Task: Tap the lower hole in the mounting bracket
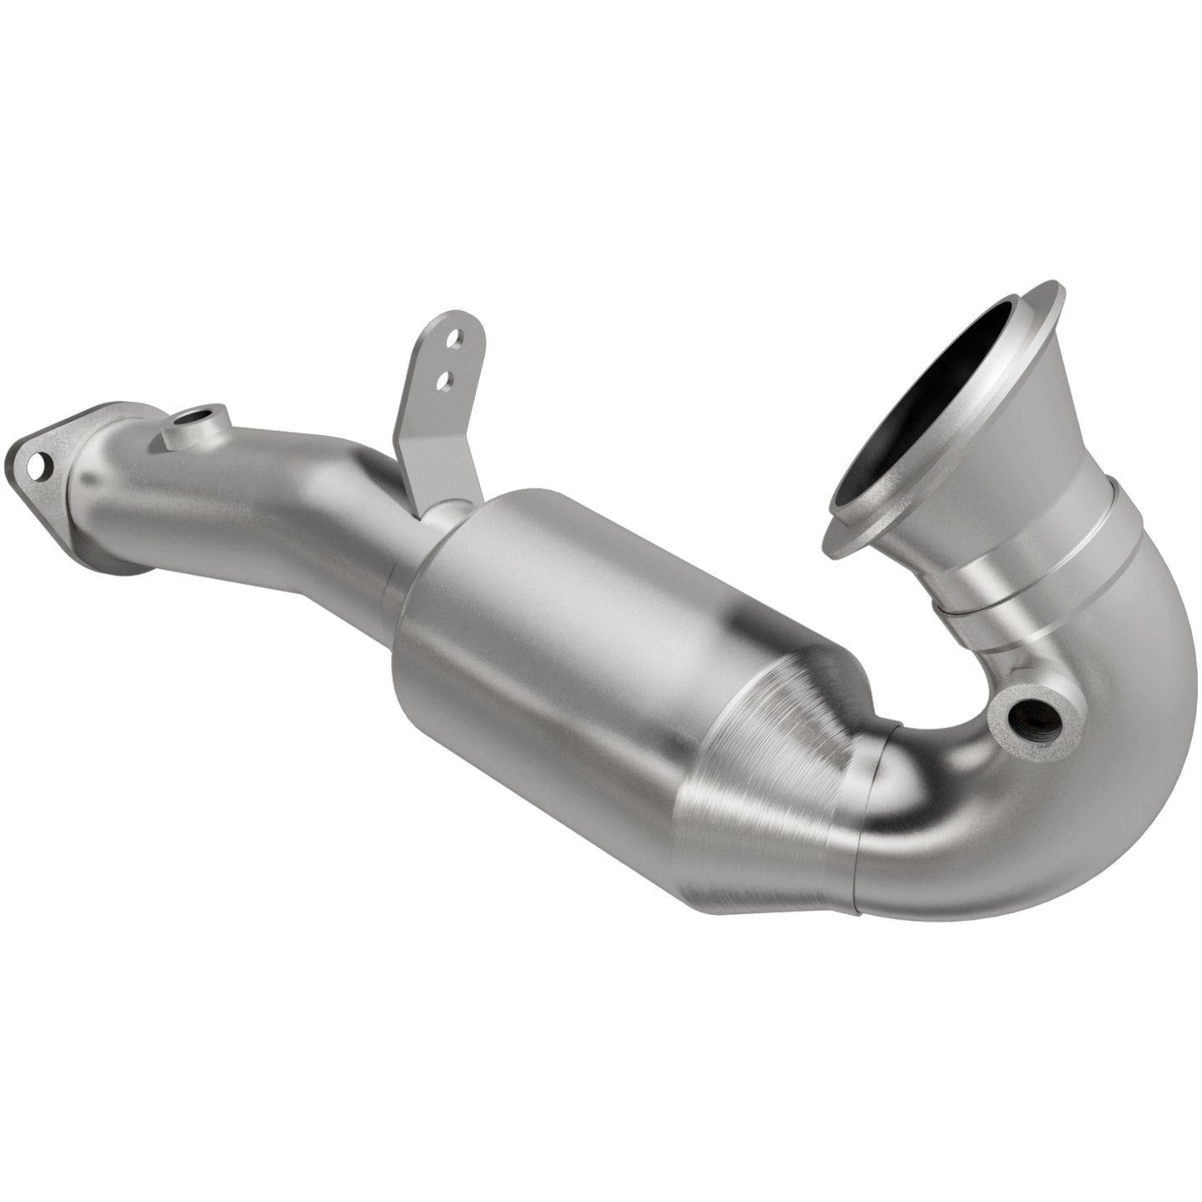445,378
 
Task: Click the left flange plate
58,466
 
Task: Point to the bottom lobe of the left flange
125,566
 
